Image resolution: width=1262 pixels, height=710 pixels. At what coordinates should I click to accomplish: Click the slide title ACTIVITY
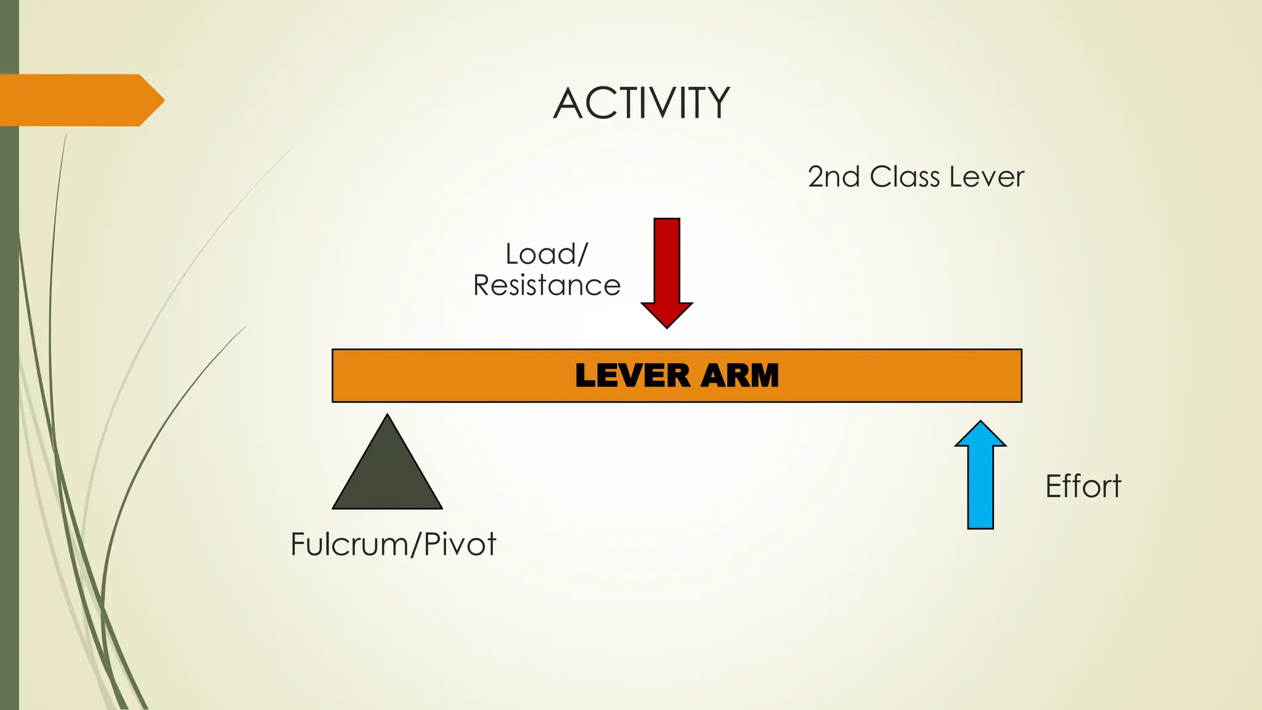(641, 103)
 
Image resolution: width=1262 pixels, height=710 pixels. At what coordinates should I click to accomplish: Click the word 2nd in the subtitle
(834, 177)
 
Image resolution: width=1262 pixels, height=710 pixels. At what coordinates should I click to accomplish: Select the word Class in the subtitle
(905, 177)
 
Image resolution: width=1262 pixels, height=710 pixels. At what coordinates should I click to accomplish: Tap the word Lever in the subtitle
(987, 177)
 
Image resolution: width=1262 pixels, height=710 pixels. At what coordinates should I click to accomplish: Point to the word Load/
(547, 254)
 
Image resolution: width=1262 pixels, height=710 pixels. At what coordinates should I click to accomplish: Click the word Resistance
(547, 285)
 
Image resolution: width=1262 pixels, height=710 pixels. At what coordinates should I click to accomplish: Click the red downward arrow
(667, 265)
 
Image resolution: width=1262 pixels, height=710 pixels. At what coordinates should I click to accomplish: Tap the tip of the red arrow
(667, 326)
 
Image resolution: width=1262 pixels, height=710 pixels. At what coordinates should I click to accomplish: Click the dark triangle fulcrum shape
(387, 475)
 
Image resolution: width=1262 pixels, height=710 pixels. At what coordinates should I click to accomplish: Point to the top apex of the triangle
(387, 416)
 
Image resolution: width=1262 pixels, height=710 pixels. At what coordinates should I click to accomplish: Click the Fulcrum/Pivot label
(393, 544)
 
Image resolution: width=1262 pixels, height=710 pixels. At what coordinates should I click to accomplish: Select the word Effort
(1083, 486)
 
